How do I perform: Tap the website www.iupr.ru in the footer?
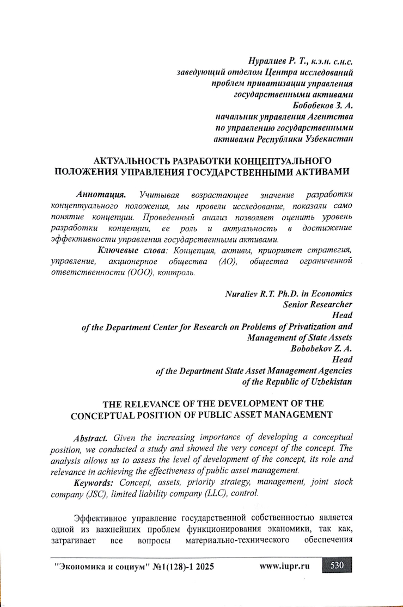tap(285, 566)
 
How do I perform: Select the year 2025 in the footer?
tap(201, 566)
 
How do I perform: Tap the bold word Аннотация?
tap(101, 194)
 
